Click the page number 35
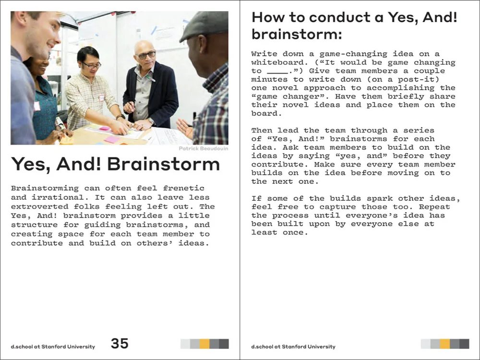120,343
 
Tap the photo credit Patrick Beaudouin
203,149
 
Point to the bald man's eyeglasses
146,55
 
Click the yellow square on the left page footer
204,344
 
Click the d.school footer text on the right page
293,347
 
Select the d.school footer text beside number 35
53,347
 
